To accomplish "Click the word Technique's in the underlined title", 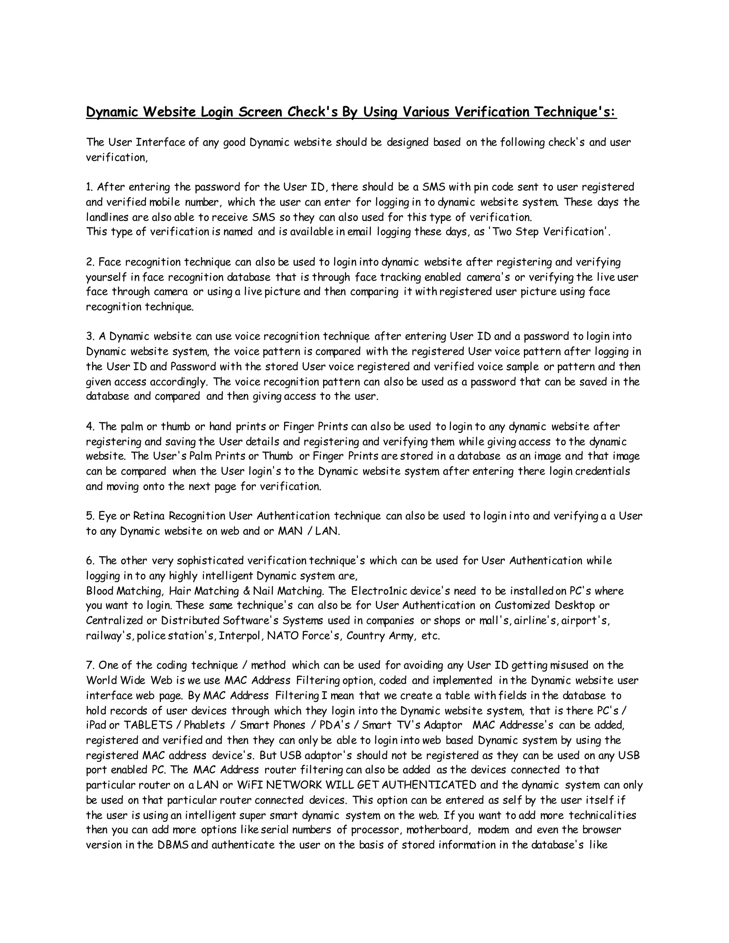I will [x=575, y=112].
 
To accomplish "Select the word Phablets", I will [x=205, y=725].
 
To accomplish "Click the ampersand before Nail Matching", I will [x=246, y=591].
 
